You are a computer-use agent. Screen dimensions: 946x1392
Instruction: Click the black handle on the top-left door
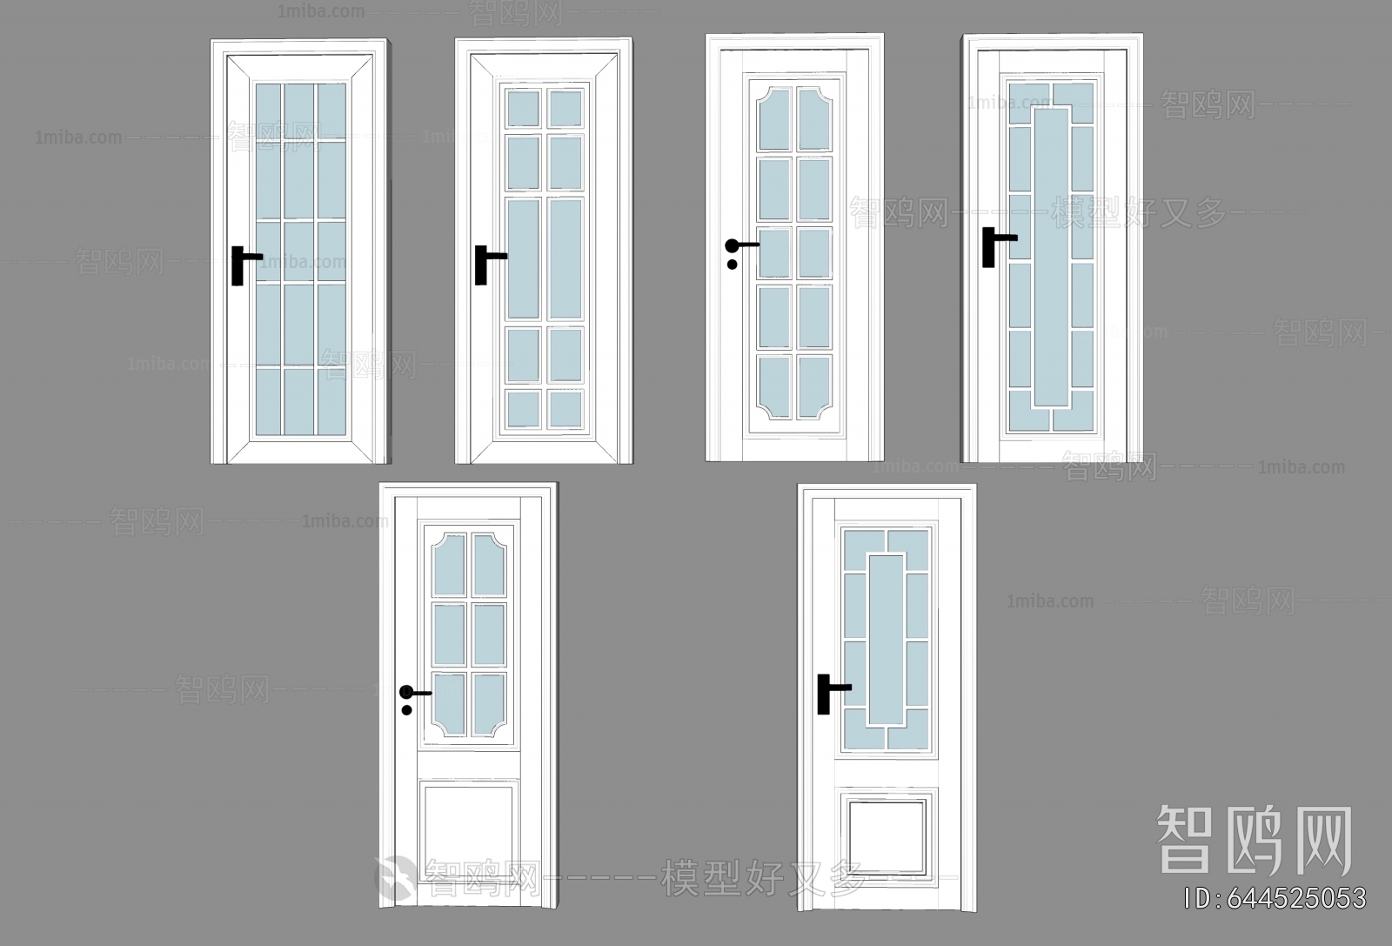(x=238, y=265)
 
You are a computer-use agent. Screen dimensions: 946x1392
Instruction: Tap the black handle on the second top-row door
(x=481, y=264)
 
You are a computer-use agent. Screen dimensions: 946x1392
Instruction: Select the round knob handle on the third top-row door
(x=733, y=245)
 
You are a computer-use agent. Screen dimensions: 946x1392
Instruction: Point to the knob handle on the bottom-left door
(x=406, y=693)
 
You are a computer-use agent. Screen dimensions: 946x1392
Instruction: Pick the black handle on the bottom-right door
(x=823, y=694)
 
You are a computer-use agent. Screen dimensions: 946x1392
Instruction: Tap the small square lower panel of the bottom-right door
(x=887, y=833)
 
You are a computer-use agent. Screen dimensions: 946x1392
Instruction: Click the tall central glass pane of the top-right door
(x=1051, y=258)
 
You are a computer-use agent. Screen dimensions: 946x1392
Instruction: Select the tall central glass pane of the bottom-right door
(x=887, y=639)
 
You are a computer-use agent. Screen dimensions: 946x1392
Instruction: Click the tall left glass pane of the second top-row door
(x=523, y=258)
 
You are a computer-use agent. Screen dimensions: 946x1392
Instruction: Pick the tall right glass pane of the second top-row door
(x=565, y=258)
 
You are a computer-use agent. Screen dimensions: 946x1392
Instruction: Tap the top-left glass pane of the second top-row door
(x=523, y=109)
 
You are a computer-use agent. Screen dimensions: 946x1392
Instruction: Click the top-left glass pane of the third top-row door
(x=773, y=118)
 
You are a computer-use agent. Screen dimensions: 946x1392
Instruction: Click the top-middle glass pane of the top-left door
(x=298, y=110)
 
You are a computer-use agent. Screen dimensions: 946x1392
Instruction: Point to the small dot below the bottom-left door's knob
(x=406, y=710)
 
